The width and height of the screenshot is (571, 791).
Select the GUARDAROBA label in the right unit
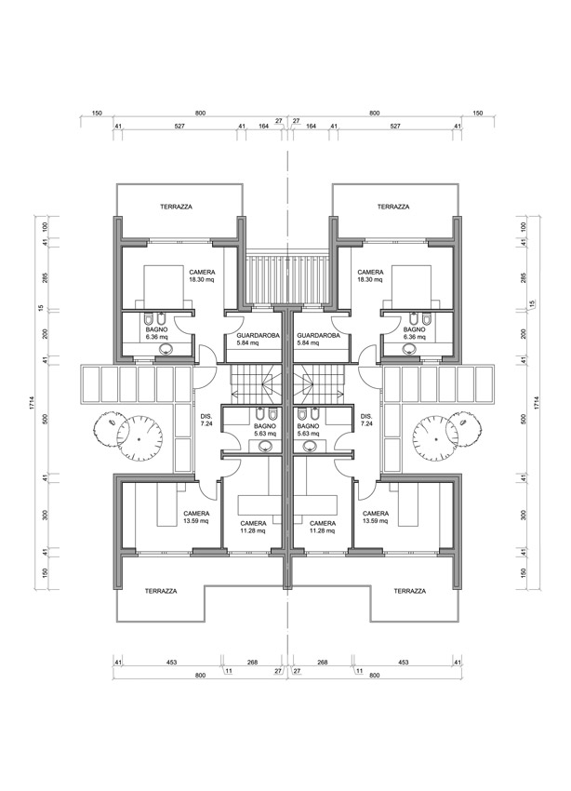click(318, 335)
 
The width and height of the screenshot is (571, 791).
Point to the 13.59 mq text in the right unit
click(376, 522)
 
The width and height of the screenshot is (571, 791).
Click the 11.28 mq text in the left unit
click(253, 531)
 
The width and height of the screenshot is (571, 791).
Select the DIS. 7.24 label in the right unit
click(365, 421)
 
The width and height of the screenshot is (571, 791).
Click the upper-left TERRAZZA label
click(175, 207)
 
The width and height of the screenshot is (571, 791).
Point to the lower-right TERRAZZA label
click(409, 591)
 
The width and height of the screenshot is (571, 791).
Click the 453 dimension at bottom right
click(404, 662)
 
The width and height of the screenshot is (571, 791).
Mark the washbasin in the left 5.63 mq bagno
click(268, 446)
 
